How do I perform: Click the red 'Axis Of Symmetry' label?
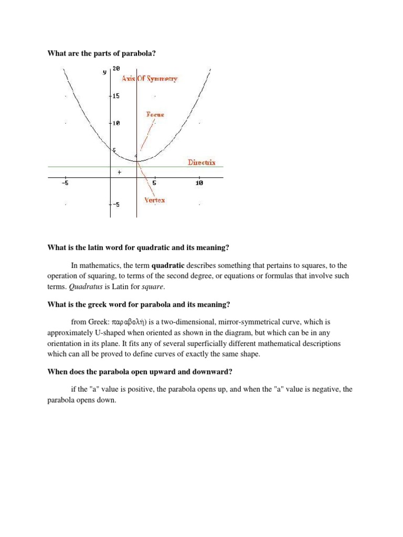150,79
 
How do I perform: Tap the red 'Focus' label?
155,114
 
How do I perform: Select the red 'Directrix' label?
201,163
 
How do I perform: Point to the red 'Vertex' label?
154,200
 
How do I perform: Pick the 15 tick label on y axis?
116,96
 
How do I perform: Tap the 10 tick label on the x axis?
199,183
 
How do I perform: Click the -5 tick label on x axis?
65,183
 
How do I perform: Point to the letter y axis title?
104,72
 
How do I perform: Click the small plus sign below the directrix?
120,172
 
